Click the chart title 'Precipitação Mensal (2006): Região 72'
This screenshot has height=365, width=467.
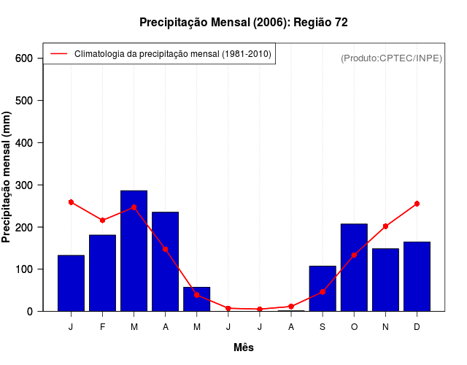[243, 23]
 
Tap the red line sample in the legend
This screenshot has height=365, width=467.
[58, 54]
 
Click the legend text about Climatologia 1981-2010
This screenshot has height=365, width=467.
[172, 54]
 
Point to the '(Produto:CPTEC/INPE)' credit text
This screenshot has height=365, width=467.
[391, 58]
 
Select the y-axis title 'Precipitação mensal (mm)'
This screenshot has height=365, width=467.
[7, 177]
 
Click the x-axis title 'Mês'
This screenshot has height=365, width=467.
[244, 347]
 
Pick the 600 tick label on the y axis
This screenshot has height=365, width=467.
[25, 58]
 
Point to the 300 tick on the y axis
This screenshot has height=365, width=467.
[25, 185]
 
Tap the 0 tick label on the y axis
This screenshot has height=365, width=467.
[30, 312]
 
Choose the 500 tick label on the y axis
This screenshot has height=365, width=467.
[25, 101]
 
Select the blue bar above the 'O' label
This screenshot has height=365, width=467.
[354, 267]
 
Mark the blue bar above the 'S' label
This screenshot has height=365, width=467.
[323, 288]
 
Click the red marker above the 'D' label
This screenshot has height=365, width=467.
[417, 204]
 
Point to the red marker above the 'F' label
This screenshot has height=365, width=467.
[103, 220]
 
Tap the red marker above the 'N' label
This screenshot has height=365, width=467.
[385, 226]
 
